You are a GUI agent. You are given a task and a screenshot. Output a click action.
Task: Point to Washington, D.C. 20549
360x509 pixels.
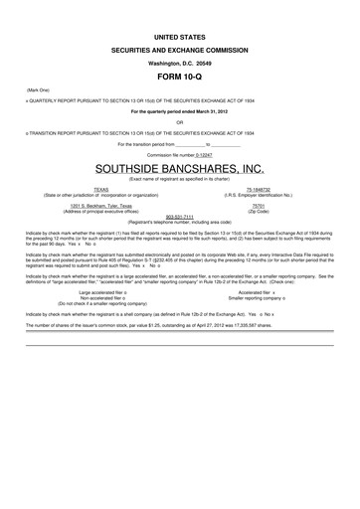[180, 61]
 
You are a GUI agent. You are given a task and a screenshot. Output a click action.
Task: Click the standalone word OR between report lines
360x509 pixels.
[180, 123]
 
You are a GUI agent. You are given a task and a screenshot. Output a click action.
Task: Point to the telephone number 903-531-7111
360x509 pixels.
[179, 218]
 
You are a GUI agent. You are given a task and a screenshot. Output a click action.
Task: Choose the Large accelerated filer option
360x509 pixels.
[101, 292]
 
